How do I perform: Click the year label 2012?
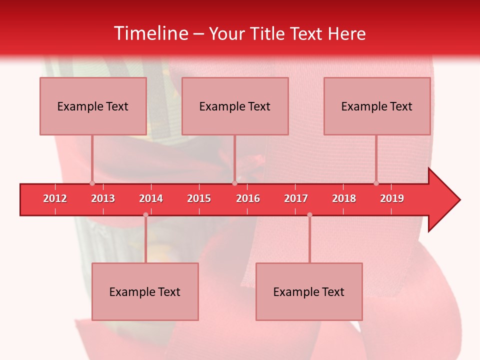click(55, 198)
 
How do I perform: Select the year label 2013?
click(103, 198)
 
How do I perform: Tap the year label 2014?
click(151, 198)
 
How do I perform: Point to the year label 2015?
click(199, 198)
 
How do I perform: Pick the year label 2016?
click(248, 198)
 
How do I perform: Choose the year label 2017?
click(296, 198)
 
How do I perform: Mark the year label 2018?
click(344, 198)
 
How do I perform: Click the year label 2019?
click(392, 198)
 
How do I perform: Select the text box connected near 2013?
click(93, 106)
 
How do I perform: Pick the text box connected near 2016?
click(235, 106)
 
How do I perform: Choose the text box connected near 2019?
click(377, 106)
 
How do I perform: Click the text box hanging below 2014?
click(145, 291)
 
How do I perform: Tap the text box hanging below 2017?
click(309, 291)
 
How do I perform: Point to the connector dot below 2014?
click(145, 215)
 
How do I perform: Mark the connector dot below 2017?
click(309, 215)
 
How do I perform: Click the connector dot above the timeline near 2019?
click(376, 183)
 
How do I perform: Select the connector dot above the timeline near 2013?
click(92, 183)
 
